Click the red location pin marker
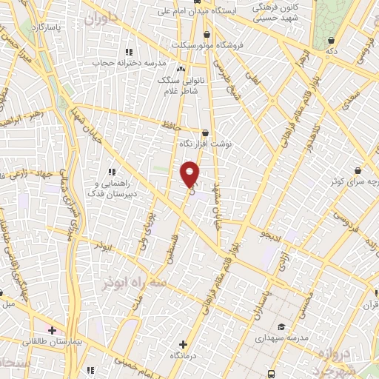click(x=190, y=175)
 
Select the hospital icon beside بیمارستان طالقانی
click(x=52, y=329)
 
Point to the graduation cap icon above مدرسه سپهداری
click(x=281, y=326)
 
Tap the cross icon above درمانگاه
click(x=183, y=345)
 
